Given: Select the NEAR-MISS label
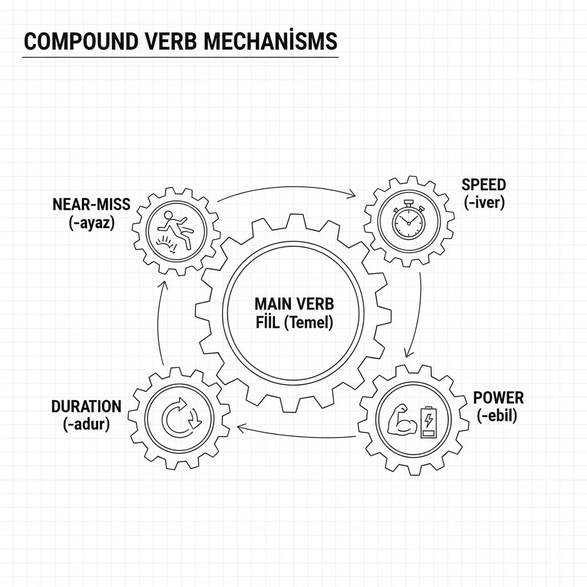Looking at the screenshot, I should (91, 204).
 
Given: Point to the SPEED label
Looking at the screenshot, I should (484, 185).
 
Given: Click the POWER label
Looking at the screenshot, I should (499, 398).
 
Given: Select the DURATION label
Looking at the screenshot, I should (87, 407).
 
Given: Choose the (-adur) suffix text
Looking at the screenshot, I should (86, 424).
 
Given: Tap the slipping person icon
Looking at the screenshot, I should (175, 228).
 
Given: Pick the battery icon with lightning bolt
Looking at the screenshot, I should (428, 422).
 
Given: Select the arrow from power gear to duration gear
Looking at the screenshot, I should (298, 432).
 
